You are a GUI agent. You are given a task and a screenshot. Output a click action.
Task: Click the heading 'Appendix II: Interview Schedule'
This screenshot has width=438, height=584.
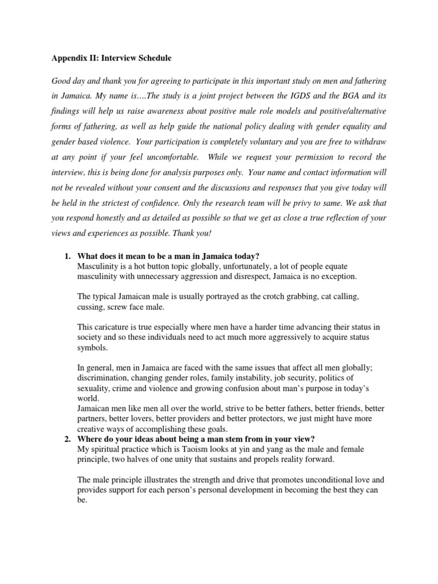coord(112,58)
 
